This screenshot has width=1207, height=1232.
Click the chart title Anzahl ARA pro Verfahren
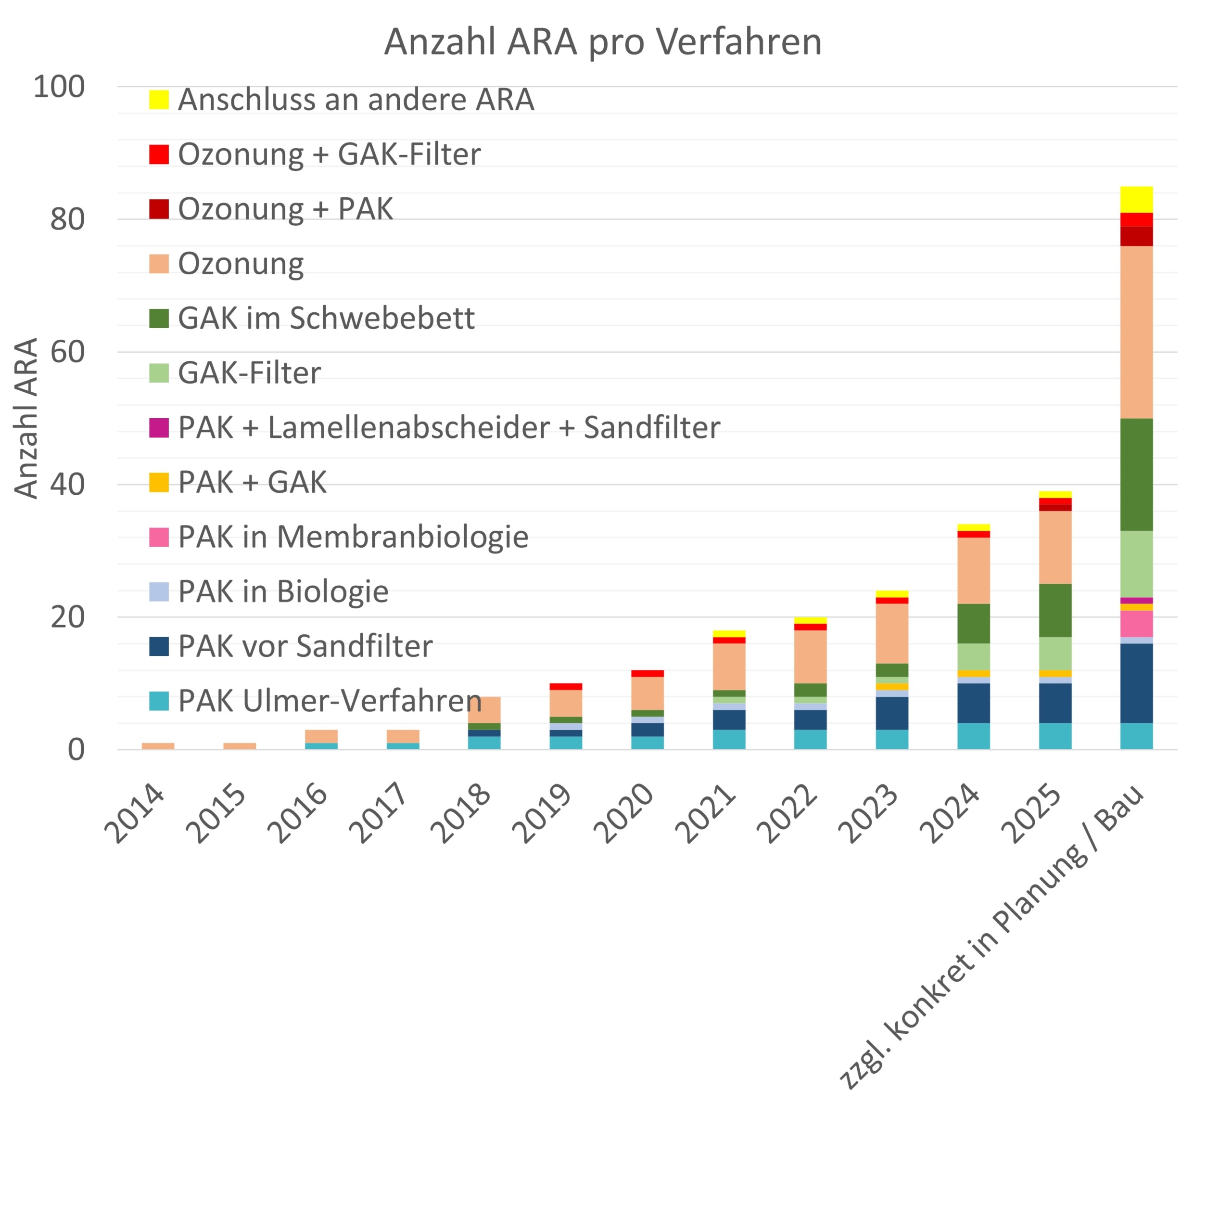[x=602, y=42]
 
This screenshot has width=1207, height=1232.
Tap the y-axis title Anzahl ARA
[x=26, y=419]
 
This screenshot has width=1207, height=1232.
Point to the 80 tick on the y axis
[x=67, y=219]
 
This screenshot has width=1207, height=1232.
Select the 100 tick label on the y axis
[x=59, y=87]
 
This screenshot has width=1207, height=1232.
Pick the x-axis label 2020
[x=624, y=813]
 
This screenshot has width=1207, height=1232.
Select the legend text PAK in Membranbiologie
[x=353, y=537]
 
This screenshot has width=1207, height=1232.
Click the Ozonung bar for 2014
[x=158, y=745]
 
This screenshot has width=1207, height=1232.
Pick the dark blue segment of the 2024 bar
[x=973, y=703]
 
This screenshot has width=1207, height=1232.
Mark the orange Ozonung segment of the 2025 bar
[x=1055, y=547]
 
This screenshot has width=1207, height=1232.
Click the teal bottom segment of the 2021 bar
[x=728, y=739]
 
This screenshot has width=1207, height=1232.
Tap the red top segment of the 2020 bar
[x=647, y=673]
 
